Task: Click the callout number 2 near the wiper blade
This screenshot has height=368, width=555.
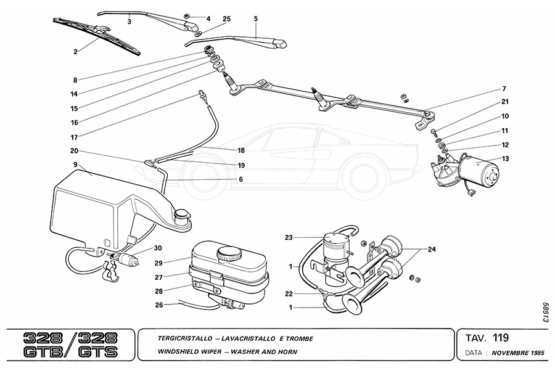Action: (x=75, y=52)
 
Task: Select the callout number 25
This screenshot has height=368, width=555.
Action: (x=226, y=19)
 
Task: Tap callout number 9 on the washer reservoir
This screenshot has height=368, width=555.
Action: (x=75, y=165)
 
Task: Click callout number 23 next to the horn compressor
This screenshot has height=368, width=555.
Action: (x=288, y=237)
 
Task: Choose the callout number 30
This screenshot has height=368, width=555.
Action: (x=158, y=248)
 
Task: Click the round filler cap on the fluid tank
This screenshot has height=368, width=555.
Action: (x=229, y=253)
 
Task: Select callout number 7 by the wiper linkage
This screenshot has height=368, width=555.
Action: (x=504, y=89)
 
